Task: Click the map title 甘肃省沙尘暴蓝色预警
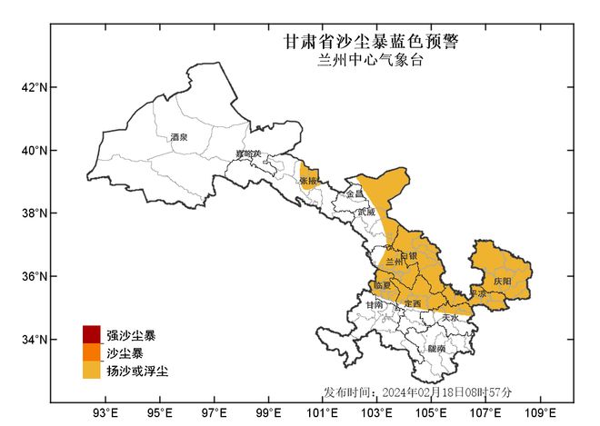tap(371, 42)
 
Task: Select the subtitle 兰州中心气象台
tap(371, 60)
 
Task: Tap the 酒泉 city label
tap(178, 137)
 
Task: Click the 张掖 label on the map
tap(308, 181)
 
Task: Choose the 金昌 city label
tap(355, 194)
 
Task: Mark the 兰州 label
tap(395, 262)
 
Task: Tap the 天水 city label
tap(451, 318)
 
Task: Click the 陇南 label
tap(436, 348)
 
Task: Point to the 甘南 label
tap(375, 305)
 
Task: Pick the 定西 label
tap(413, 302)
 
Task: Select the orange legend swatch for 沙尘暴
tap(91, 352)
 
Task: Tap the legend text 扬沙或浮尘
tap(137, 371)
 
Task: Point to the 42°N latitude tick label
tap(35, 87)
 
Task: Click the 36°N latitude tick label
tap(35, 276)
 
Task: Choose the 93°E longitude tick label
tap(105, 415)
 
